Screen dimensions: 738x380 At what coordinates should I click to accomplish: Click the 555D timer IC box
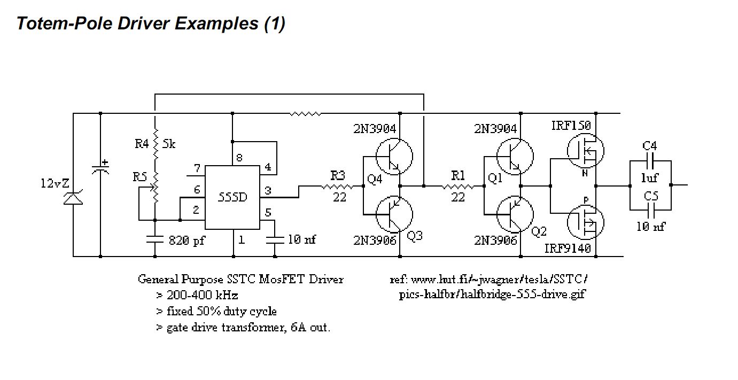click(x=232, y=197)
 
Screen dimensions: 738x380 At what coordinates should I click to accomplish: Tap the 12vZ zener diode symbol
click(x=73, y=197)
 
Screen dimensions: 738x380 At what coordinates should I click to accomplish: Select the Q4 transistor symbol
click(x=394, y=157)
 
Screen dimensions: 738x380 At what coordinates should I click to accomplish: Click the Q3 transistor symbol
click(x=394, y=214)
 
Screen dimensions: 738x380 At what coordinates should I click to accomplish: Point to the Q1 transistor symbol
click(x=515, y=157)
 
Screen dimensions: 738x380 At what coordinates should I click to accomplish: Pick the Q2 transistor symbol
click(x=515, y=214)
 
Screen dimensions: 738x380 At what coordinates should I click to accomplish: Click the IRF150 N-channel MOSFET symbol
click(x=586, y=151)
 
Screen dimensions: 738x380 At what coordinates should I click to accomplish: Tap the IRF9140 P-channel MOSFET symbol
click(x=586, y=222)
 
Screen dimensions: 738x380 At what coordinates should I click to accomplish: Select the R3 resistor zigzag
click(x=337, y=187)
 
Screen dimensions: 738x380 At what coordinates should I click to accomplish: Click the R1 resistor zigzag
click(x=458, y=187)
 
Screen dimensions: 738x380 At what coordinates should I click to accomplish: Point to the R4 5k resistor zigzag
click(x=156, y=144)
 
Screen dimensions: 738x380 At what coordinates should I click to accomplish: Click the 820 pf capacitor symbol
click(x=155, y=239)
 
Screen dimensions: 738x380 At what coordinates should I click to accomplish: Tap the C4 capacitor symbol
click(x=650, y=161)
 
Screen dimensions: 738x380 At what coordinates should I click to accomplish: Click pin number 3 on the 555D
click(x=268, y=190)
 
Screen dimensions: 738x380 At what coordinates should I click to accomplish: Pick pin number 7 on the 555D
click(x=197, y=168)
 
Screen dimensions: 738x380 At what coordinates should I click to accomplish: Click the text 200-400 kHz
click(x=202, y=295)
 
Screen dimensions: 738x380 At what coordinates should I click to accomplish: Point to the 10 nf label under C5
click(x=651, y=227)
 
